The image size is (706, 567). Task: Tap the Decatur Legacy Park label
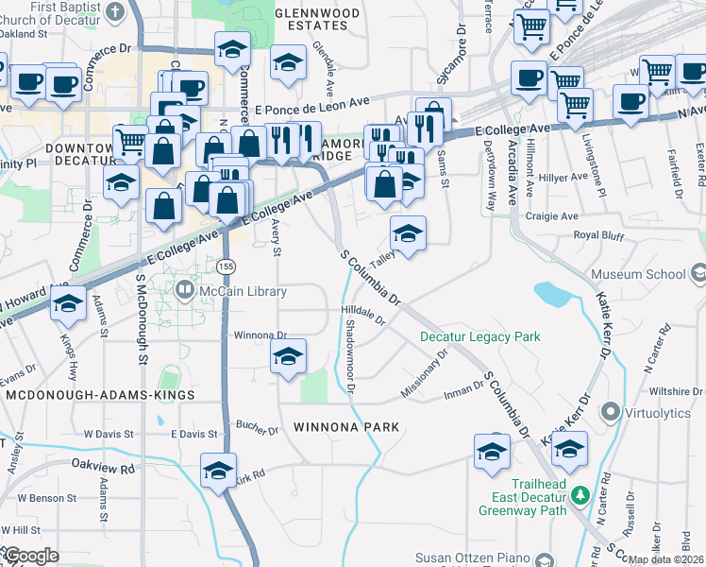coord(480,336)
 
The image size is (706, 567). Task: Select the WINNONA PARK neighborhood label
coord(346,427)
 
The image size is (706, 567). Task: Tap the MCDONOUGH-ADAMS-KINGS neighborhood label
coord(99,395)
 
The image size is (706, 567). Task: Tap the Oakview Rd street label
coord(104,466)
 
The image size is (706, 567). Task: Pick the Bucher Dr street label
coord(258,429)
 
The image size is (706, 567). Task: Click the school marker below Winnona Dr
coord(288,357)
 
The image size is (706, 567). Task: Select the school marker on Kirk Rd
coord(218,471)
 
